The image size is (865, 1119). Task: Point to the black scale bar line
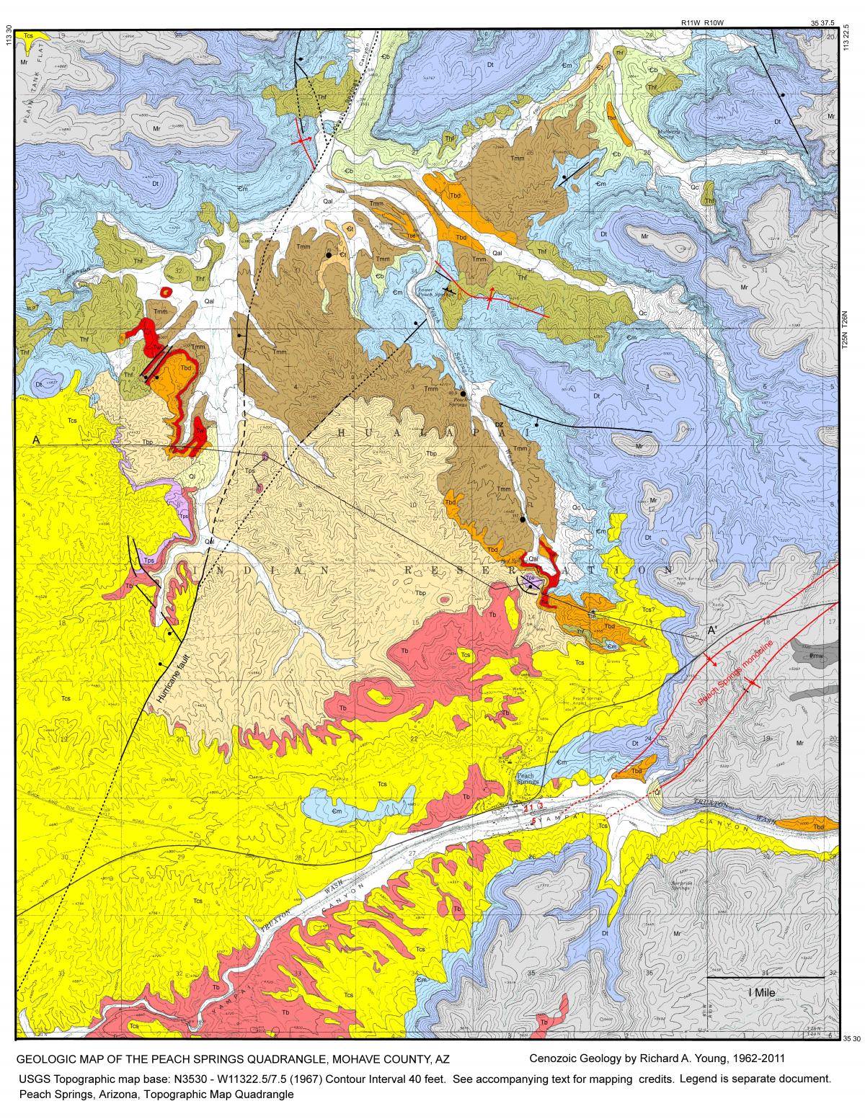pyautogui.click(x=765, y=978)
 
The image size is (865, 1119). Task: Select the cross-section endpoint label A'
pyautogui.click(x=711, y=630)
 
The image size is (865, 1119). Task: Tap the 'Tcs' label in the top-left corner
pyautogui.click(x=29, y=35)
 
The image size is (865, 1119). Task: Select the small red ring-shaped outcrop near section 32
pyautogui.click(x=167, y=292)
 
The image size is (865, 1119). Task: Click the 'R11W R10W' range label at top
pyautogui.click(x=702, y=22)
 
